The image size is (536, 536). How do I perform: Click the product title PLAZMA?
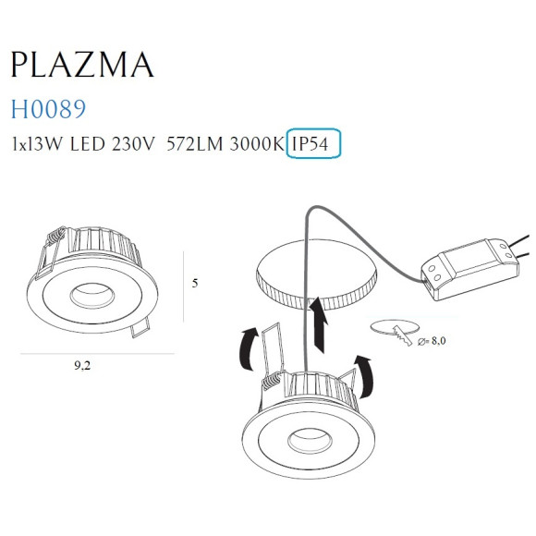pyautogui.click(x=81, y=65)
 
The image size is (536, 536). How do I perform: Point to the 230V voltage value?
pyautogui.click(x=132, y=144)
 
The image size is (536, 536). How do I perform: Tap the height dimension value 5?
pyautogui.click(x=194, y=283)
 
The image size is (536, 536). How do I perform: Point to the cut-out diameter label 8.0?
pyautogui.click(x=437, y=341)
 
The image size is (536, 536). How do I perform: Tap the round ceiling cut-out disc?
pyautogui.click(x=315, y=272)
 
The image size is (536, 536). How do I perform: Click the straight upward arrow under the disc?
pyautogui.click(x=320, y=323)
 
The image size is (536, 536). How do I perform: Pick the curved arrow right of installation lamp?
pyautogui.click(x=367, y=371)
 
